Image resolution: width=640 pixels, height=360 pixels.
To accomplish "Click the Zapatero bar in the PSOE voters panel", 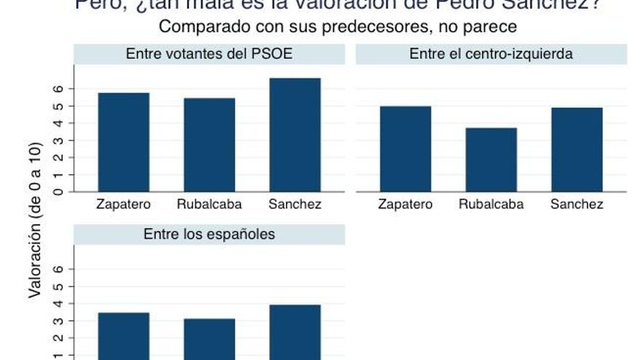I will tap(124, 143).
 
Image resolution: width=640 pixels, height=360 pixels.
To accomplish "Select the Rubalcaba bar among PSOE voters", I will tap(209, 145).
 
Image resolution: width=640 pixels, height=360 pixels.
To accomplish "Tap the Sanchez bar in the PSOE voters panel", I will tap(295, 135).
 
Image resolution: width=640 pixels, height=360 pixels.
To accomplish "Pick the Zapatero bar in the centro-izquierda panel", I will tap(405, 149).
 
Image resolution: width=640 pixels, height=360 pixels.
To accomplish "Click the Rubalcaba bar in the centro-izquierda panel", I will tap(491, 160).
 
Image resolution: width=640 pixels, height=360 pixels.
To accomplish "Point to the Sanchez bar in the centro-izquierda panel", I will tap(577, 150).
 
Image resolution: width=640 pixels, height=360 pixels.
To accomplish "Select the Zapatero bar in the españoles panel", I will tap(124, 336).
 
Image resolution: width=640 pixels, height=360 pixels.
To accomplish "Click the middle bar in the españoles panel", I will tap(209, 339).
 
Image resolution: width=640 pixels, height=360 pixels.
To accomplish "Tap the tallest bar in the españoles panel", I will tap(295, 332).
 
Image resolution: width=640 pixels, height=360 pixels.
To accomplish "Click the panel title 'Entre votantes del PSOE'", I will tap(209, 54).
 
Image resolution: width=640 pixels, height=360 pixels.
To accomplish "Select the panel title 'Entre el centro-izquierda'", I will tap(491, 54).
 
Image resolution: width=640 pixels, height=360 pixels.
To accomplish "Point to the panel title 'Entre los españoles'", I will tap(209, 234).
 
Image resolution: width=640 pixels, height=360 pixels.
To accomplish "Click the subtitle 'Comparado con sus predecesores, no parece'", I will tap(337, 28).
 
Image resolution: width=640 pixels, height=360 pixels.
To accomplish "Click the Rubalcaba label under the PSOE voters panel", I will tap(209, 204).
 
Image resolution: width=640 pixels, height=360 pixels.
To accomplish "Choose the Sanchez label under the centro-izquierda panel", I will tap(577, 204).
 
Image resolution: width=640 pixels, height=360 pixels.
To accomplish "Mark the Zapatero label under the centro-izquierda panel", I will tap(405, 204).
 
